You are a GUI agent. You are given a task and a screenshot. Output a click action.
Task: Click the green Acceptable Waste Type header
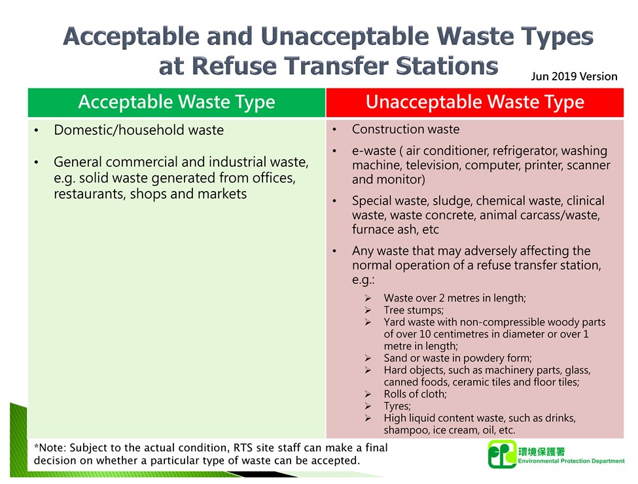176,103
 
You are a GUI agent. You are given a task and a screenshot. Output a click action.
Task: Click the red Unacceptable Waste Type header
474,103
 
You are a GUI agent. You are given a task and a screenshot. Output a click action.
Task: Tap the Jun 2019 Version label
574,77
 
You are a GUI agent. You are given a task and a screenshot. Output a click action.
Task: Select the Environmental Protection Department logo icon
501,454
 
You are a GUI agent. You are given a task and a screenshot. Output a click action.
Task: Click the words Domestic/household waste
139,130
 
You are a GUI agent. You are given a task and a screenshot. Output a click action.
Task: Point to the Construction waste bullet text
406,130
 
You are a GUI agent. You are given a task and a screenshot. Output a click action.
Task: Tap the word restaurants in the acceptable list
85,194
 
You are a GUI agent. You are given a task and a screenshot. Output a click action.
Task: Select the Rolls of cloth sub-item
415,394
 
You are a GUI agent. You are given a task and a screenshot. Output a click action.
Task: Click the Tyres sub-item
397,406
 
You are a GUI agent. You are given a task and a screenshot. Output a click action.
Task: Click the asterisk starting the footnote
36,447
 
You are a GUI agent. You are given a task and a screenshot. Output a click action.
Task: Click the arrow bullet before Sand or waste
369,358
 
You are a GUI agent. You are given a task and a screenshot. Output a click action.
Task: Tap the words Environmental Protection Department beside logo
571,461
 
